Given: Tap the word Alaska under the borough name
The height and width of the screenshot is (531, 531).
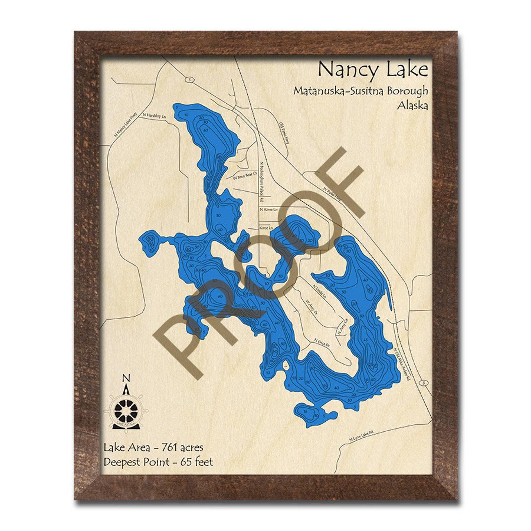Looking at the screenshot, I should point(412,106).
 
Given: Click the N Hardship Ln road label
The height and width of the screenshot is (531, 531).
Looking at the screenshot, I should point(154,116).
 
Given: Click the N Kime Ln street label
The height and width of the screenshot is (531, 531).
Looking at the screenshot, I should point(269,210).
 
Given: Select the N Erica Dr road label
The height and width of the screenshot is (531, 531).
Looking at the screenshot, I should point(322,342).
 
